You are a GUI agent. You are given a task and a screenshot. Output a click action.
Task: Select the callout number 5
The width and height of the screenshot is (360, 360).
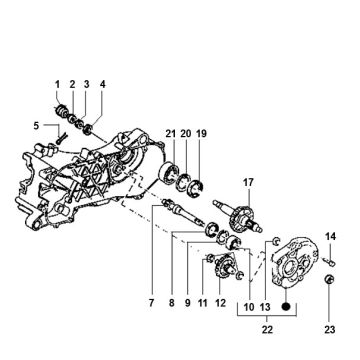coord(36,125)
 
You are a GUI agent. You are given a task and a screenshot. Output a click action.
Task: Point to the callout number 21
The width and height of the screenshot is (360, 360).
coord(171,134)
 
